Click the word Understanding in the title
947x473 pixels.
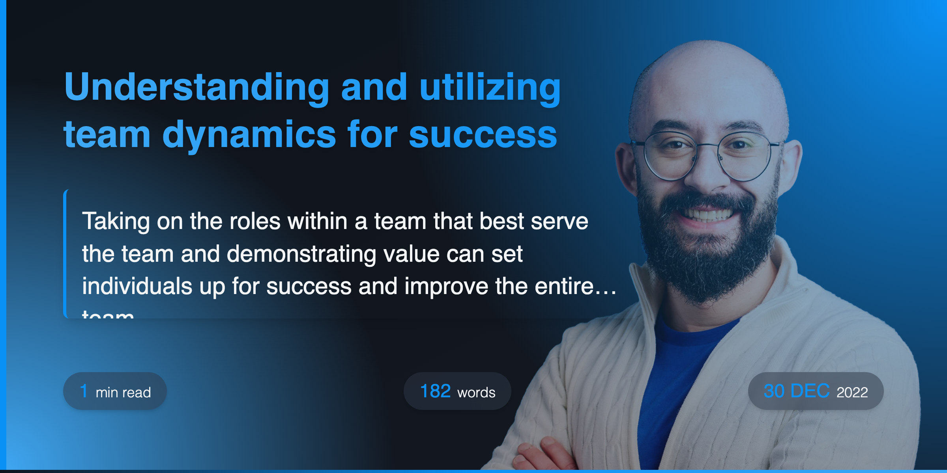(x=197, y=88)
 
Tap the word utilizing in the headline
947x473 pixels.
(x=490, y=88)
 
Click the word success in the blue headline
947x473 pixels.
(x=483, y=135)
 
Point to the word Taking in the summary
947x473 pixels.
(x=116, y=221)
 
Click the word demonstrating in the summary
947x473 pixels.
(x=301, y=253)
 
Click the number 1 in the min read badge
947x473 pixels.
(x=84, y=391)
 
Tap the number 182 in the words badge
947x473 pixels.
(x=435, y=391)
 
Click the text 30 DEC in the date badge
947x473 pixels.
(x=796, y=391)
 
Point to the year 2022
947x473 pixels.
(x=852, y=392)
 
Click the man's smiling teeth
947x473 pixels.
(x=708, y=215)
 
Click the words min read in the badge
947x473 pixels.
(x=123, y=393)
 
